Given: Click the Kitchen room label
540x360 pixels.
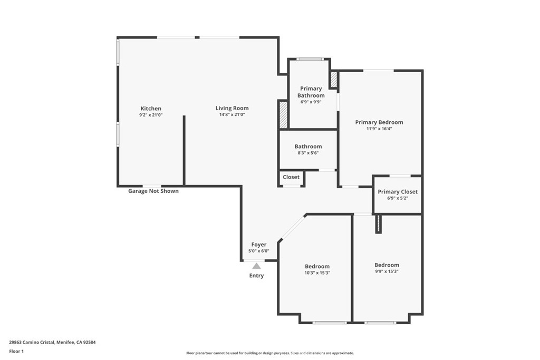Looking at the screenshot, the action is coord(151,109).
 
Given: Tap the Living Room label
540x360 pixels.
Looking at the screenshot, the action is coord(232,108).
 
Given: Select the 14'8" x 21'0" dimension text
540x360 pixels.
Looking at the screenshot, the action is coord(232,114).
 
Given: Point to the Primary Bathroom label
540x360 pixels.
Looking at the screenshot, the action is coord(311,92).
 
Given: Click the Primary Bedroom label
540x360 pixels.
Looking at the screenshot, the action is coord(379,122).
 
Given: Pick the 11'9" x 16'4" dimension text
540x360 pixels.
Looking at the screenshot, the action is coord(379,129).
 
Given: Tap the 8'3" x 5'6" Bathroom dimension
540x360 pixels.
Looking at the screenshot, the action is coord(308,153).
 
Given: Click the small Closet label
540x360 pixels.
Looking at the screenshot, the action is coord(291,177).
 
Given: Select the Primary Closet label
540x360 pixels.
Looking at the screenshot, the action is coord(398,192).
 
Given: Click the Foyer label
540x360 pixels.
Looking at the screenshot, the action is coord(258,245).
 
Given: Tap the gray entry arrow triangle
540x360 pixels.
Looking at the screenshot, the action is coord(256,266).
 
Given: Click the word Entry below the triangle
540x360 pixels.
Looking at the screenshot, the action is coord(257,275).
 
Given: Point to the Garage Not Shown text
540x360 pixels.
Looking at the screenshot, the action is coord(153,191).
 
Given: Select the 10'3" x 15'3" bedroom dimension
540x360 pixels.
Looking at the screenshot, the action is coord(317,273).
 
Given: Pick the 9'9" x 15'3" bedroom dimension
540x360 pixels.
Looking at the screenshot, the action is coord(387,271).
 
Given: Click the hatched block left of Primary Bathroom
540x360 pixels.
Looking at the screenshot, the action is coord(283,114).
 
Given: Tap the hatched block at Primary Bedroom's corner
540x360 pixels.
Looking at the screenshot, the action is coord(334,79).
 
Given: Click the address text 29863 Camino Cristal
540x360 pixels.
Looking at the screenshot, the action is coord(32,343).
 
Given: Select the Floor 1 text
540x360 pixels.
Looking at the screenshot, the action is coord(16,352).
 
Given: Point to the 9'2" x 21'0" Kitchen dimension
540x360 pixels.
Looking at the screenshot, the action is coord(151,115).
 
